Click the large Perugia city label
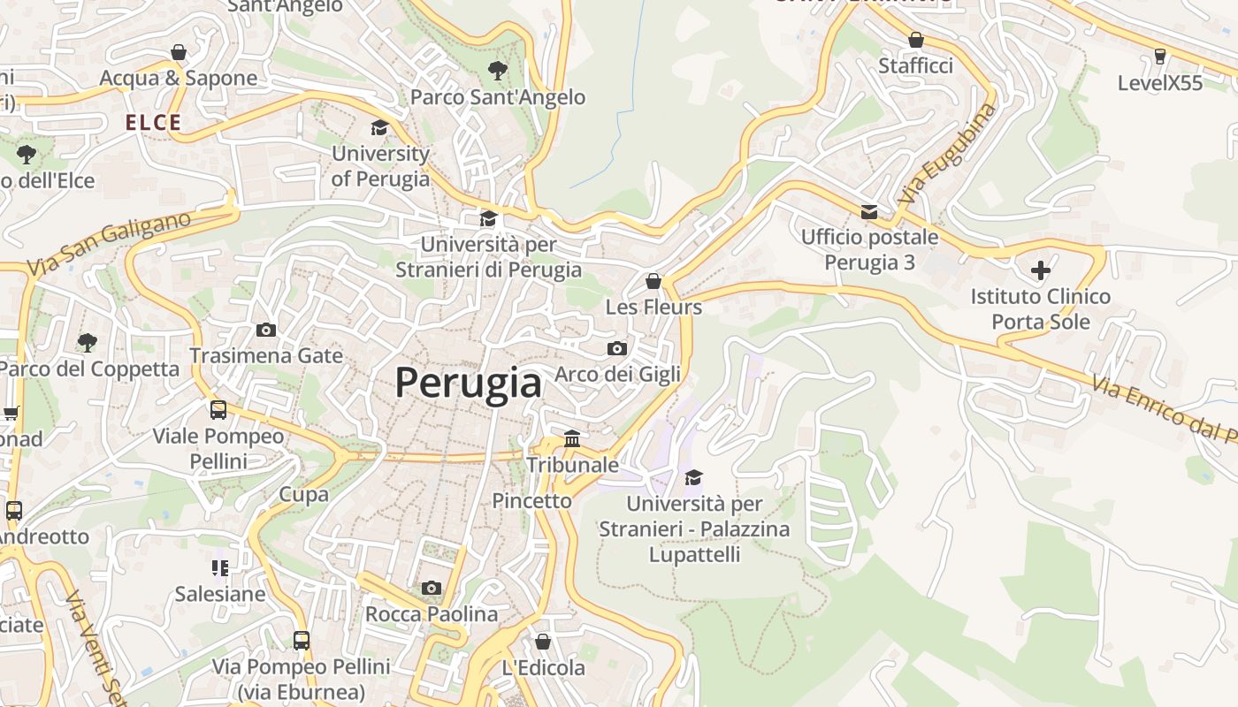tap(468, 383)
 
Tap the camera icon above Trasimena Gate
tap(265, 330)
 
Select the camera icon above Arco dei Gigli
tap(617, 348)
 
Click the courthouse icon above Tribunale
tap(572, 438)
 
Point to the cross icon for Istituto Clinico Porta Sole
tap(1041, 269)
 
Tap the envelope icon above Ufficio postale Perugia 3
tap(869, 211)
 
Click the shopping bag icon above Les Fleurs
tap(653, 281)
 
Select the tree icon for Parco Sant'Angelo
tap(498, 70)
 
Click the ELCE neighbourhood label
tap(153, 123)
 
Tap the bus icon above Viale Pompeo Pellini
tap(218, 409)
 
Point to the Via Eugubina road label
tap(947, 156)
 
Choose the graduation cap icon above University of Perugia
tap(380, 127)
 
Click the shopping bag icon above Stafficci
tap(916, 40)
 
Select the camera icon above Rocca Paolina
tap(432, 588)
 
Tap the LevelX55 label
tap(1160, 83)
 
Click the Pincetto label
tap(532, 500)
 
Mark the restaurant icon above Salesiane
tap(220, 567)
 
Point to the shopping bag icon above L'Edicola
tap(543, 642)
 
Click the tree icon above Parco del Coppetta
tap(87, 342)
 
